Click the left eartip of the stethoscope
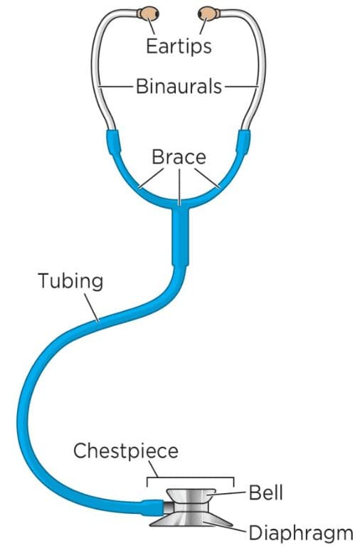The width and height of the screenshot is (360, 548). (x=148, y=14)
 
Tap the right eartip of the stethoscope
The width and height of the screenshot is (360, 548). (x=208, y=14)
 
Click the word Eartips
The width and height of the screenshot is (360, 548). (x=179, y=46)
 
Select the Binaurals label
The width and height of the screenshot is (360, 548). (x=179, y=86)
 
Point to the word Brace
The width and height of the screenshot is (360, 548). (x=179, y=157)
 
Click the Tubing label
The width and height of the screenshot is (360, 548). (x=70, y=281)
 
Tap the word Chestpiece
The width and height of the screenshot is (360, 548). (x=126, y=450)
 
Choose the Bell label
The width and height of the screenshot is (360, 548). (x=265, y=492)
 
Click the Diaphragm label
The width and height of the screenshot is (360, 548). (x=301, y=534)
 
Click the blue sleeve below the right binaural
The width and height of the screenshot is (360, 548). (x=243, y=142)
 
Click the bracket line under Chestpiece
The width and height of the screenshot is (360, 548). (x=190, y=478)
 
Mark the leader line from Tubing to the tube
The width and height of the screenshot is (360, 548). (x=92, y=307)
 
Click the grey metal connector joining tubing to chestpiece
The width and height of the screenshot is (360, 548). (x=168, y=507)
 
